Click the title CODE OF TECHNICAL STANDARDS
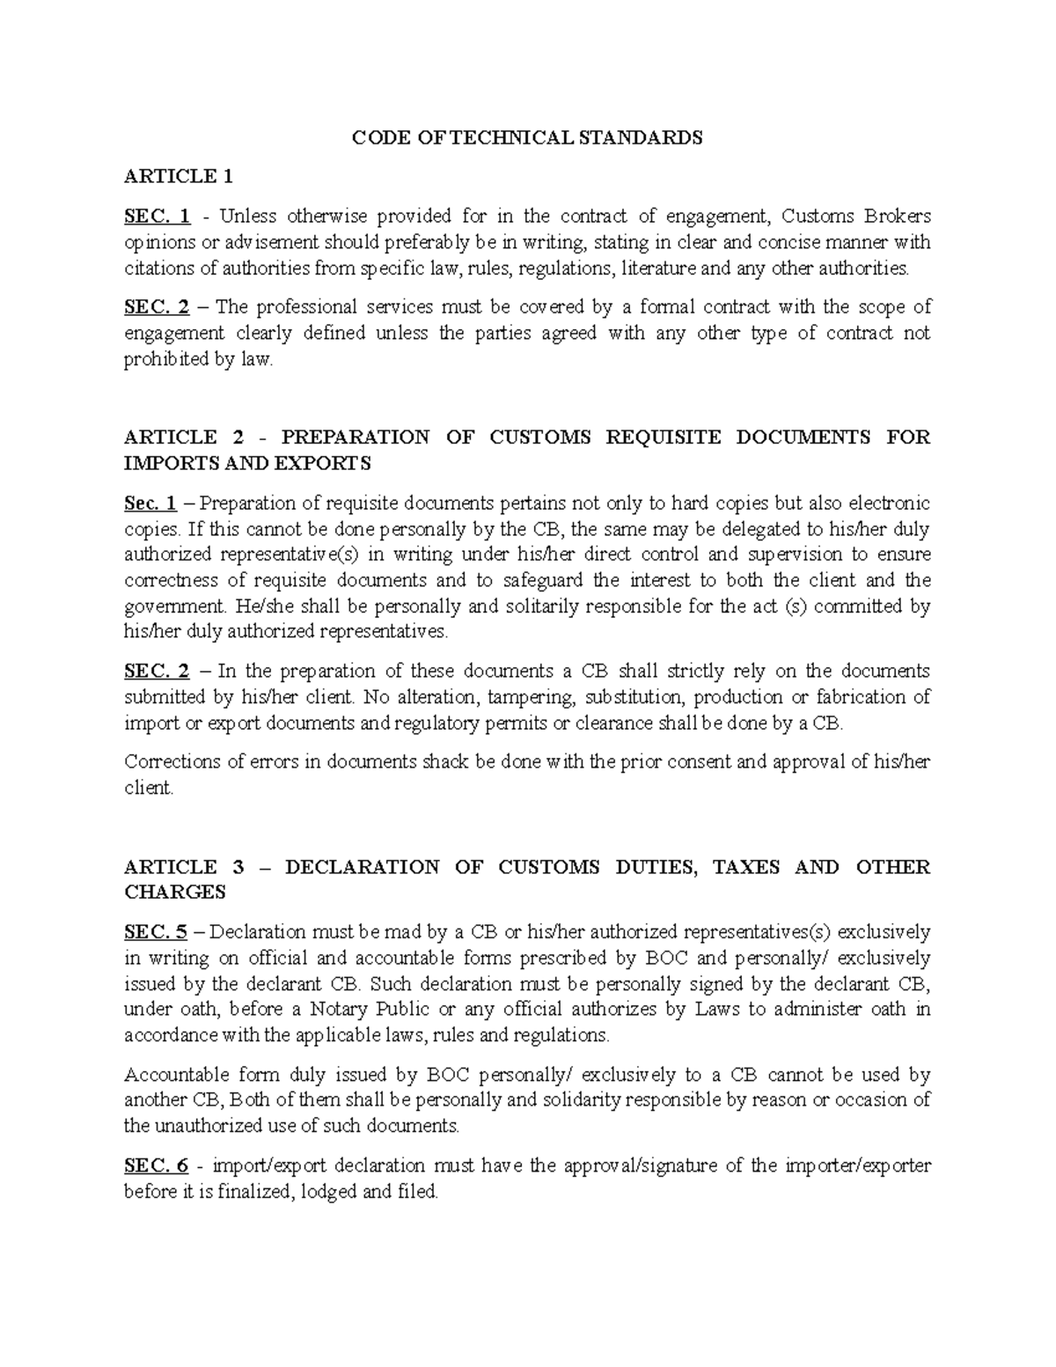click(527, 137)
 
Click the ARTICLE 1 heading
click(179, 177)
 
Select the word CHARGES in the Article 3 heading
click(175, 893)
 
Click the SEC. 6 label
click(157, 1166)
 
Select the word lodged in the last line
click(329, 1193)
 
